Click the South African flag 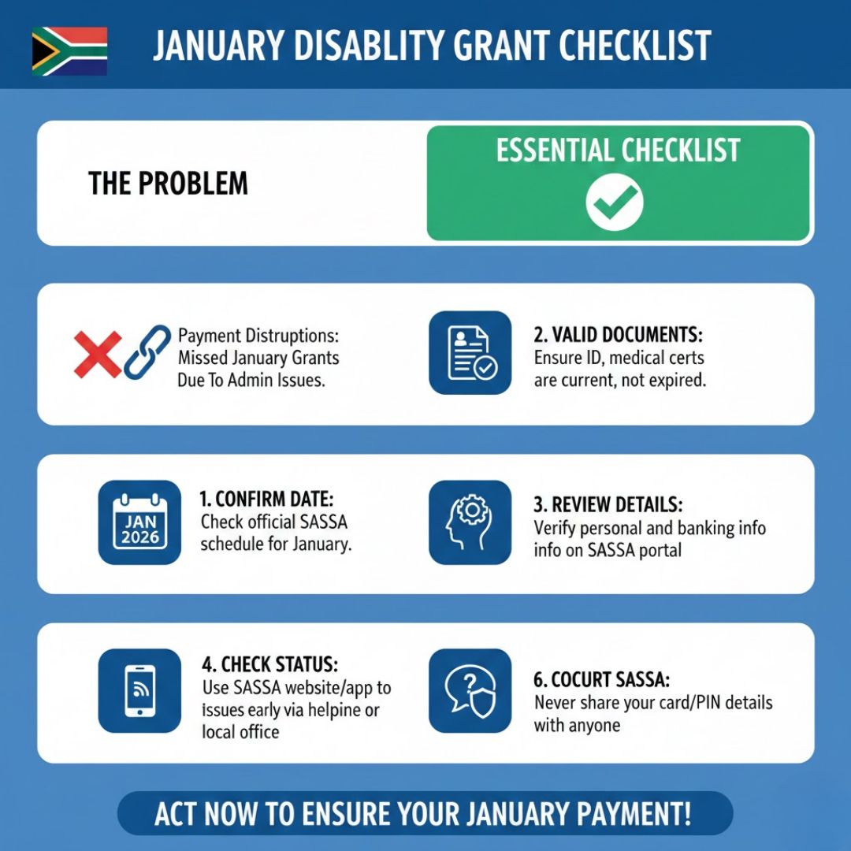69,51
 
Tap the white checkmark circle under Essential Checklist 615,201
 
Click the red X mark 97,353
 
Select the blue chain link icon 147,352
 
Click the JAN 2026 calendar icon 139,522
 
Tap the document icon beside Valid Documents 470,352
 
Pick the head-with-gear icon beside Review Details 470,522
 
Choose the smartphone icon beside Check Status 139,691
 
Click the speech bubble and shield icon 470,691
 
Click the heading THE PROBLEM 168,184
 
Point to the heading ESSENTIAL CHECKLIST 618,150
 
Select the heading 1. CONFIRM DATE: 266,499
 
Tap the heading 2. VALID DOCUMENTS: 617,335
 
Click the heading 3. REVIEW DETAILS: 608,504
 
